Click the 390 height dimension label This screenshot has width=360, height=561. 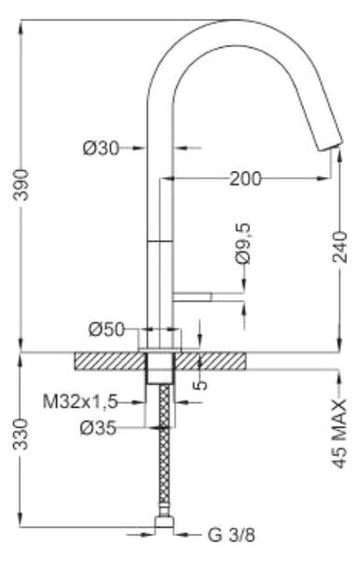click(22, 185)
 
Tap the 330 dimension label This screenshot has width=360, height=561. click(22, 435)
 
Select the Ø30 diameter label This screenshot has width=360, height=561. click(101, 148)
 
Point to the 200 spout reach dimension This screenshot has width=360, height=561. click(246, 179)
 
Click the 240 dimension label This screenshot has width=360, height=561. click(340, 247)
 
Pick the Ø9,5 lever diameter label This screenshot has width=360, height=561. click(243, 243)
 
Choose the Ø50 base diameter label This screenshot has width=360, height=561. click(107, 329)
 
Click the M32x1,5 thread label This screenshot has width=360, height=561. click(80, 402)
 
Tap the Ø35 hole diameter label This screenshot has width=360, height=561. click(98, 427)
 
